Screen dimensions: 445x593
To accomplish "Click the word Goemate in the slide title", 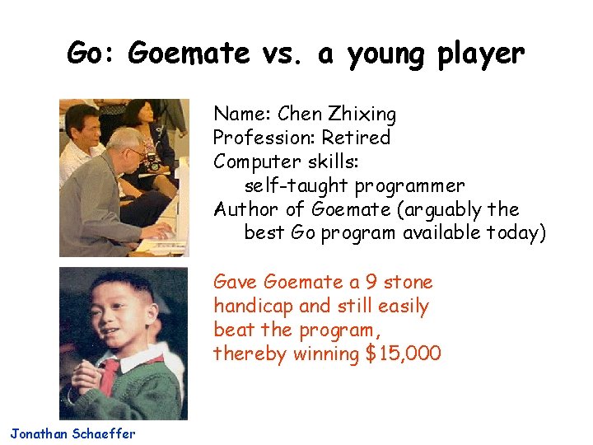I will click(189, 54).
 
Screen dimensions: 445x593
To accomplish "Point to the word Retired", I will click(356, 138).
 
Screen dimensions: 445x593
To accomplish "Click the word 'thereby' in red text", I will click(249, 354).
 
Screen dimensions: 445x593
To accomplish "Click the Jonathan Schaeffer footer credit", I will click(72, 433).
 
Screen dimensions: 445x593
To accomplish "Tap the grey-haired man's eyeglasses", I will click(133, 153).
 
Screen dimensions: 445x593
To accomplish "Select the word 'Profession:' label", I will click(264, 138).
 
